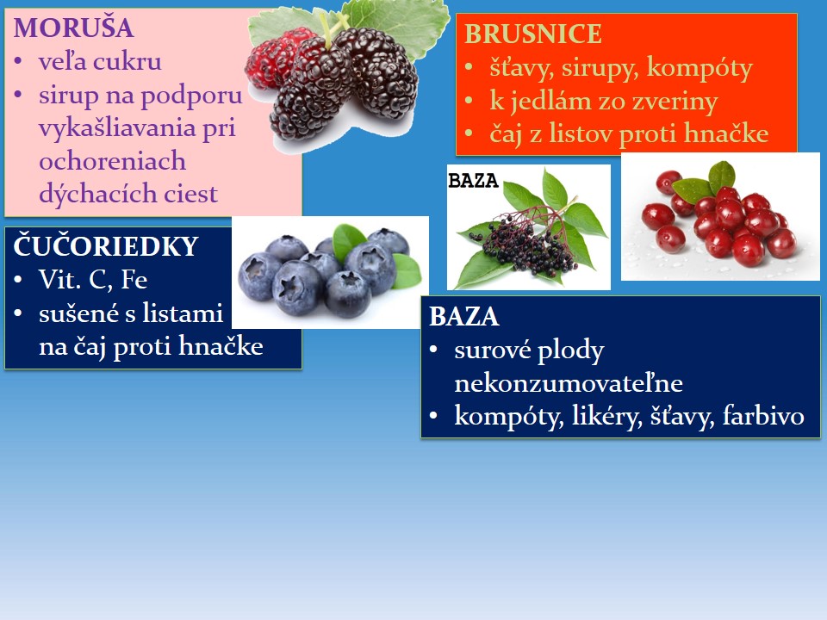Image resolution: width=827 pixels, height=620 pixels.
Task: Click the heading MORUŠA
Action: [x=73, y=28]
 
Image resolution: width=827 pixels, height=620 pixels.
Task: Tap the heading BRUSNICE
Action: [x=532, y=34]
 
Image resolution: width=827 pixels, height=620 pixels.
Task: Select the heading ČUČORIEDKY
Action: [x=105, y=245]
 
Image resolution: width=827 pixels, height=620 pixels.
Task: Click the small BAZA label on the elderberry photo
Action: [x=473, y=181]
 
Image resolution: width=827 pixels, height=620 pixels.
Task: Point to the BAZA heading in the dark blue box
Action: [x=464, y=317]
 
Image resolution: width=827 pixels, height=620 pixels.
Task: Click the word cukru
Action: [x=129, y=62]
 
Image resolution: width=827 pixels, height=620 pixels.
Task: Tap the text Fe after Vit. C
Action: [x=134, y=279]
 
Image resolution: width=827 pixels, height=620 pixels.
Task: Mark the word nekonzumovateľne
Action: [x=569, y=383]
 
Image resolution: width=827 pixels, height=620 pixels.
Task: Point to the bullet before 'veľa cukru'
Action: [x=19, y=62]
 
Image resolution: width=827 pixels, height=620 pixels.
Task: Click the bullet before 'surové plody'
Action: [x=434, y=350]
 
